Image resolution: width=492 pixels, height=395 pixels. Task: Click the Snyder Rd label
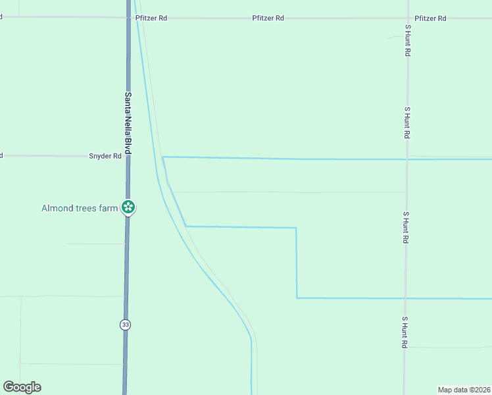(105, 156)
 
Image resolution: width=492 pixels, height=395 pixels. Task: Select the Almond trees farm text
(79, 208)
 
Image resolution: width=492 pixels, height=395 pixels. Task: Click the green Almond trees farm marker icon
(129, 208)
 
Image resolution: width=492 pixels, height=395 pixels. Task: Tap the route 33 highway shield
(125, 325)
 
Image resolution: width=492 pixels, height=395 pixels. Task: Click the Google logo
(22, 387)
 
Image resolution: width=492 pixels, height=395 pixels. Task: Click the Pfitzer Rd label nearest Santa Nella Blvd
(151, 18)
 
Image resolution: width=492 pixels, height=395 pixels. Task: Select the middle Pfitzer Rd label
(268, 18)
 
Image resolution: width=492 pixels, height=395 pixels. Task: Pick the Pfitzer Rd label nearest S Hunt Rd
(430, 18)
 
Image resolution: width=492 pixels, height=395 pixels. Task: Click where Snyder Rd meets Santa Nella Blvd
(128, 156)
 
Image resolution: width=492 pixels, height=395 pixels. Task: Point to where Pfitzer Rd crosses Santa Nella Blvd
(129, 18)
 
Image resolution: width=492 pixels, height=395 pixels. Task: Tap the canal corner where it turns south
(296, 228)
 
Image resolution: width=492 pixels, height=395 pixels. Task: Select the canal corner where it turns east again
(297, 298)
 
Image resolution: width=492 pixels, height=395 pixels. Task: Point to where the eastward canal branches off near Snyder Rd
(163, 157)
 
